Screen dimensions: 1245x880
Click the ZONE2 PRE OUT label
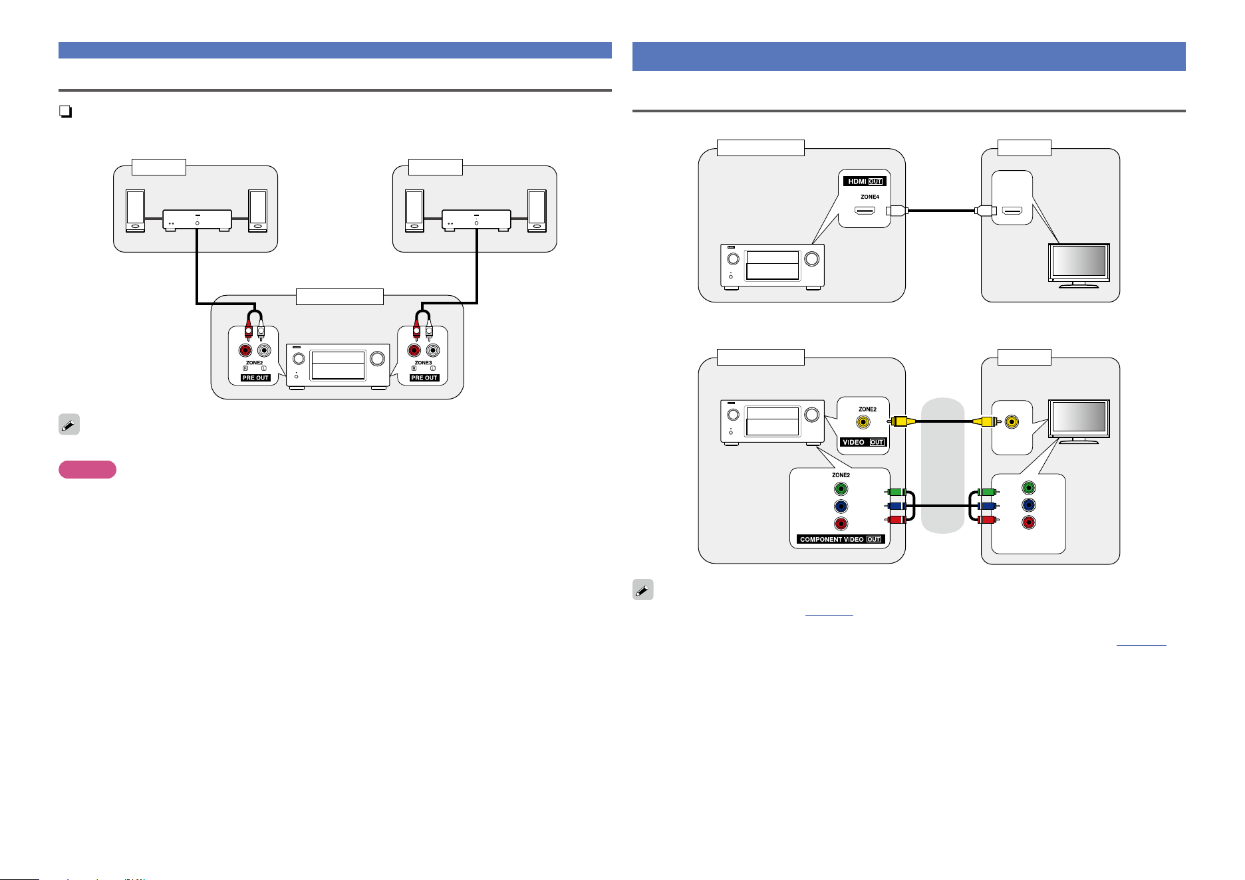[255, 378]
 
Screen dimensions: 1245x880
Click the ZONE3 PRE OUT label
[424, 378]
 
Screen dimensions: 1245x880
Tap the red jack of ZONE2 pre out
[246, 350]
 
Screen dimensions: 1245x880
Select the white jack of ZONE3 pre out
[433, 350]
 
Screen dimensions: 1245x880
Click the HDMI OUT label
[865, 181]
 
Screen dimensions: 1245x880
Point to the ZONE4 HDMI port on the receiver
[865, 211]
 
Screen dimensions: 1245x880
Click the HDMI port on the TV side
[1012, 211]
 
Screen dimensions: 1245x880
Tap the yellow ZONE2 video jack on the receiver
[863, 421]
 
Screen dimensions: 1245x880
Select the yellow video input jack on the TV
[1012, 421]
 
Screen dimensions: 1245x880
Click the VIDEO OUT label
[863, 442]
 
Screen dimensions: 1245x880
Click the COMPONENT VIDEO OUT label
[841, 539]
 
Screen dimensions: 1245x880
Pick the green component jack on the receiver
[841, 489]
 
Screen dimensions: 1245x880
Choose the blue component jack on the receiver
[841, 506]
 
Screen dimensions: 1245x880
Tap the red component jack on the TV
[1028, 522]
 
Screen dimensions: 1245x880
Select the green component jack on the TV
[1028, 489]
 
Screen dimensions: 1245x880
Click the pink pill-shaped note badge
[87, 470]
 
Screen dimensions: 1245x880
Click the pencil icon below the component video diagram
[643, 590]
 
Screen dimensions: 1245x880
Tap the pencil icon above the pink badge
[69, 425]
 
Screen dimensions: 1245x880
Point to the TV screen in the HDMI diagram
[1079, 261]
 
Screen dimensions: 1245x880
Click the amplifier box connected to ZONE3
[476, 220]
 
